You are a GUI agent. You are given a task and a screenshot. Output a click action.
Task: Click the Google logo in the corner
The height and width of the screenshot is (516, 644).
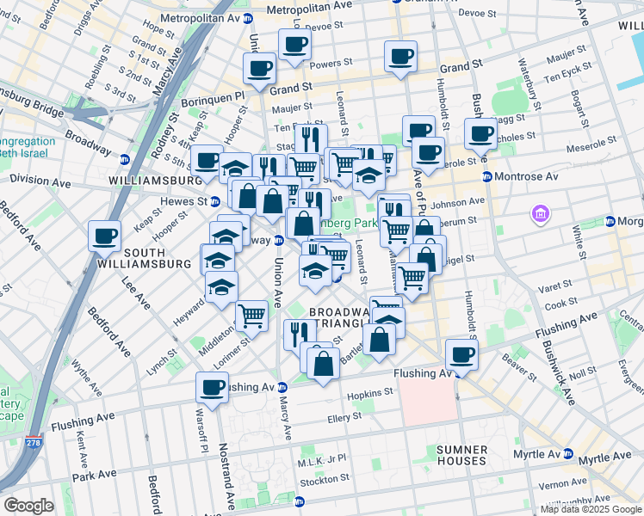28,506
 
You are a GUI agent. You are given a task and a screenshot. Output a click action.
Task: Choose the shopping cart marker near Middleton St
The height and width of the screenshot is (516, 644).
251,315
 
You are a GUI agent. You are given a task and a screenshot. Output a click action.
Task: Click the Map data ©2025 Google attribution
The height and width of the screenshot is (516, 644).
590,509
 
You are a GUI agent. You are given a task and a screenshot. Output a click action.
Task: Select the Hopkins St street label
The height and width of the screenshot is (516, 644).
370,390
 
